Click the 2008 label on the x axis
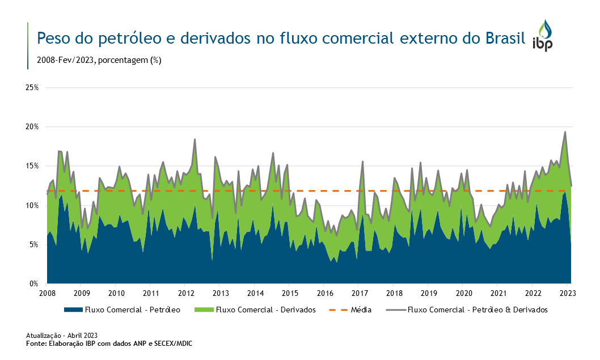[x=47, y=293]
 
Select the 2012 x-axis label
[x=186, y=293]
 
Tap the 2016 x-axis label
[x=325, y=293]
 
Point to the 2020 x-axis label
[x=464, y=293]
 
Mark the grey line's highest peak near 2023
[x=565, y=132]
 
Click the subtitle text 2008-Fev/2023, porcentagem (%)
[x=99, y=60]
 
